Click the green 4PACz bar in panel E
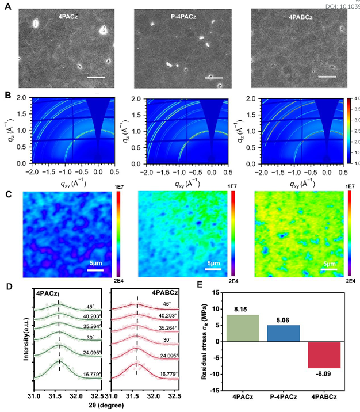point(243,328)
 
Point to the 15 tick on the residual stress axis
point(214,293)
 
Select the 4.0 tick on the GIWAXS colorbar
point(355,100)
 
